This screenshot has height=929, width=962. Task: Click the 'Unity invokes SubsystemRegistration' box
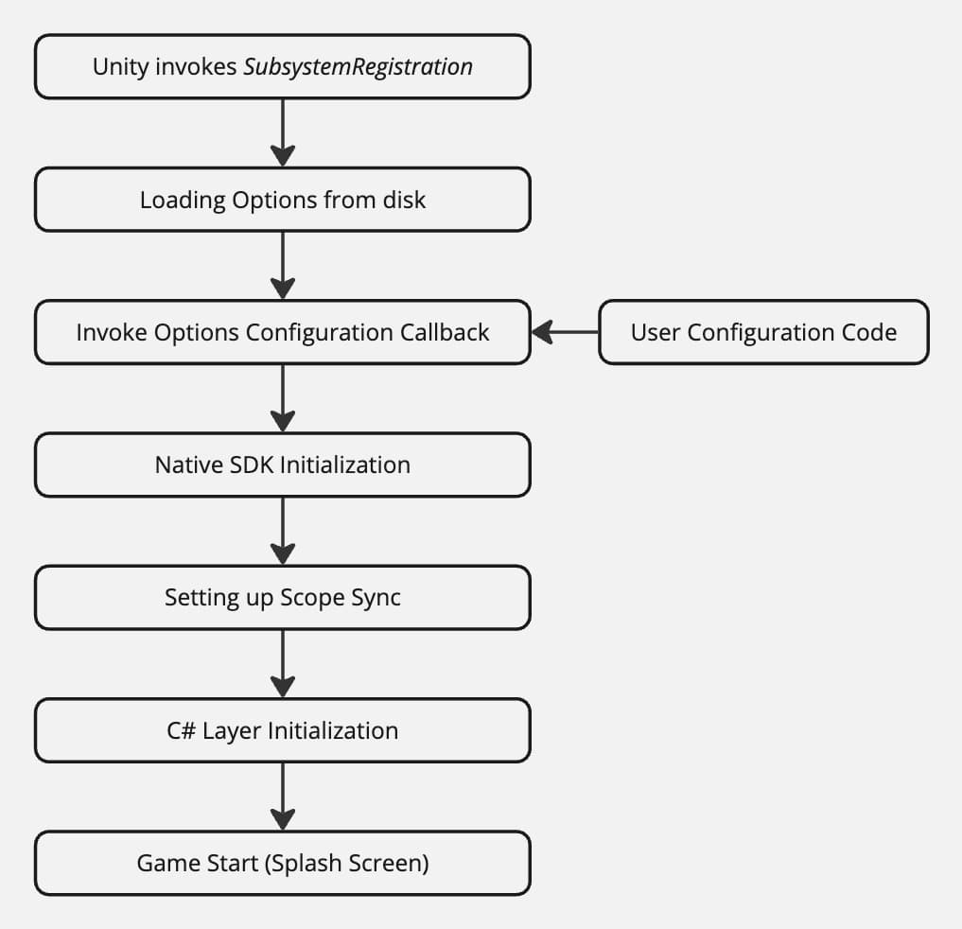pos(282,67)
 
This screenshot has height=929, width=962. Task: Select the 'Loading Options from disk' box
pos(282,200)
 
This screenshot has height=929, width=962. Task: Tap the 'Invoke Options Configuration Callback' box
pos(282,332)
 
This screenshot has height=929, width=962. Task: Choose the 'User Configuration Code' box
pos(763,332)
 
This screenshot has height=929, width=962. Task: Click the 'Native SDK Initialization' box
pos(282,464)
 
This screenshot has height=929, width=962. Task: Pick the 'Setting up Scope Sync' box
pos(282,597)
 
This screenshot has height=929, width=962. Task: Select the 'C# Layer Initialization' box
pos(282,730)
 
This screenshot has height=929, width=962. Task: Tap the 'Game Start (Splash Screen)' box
pos(282,863)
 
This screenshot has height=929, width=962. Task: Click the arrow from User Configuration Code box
pos(565,332)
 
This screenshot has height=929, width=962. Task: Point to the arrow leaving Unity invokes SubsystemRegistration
pos(283,132)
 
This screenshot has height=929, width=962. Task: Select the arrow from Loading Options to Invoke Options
pos(283,265)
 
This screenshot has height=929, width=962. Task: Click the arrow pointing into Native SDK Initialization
pos(283,397)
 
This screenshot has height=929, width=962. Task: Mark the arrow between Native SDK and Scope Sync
pos(283,530)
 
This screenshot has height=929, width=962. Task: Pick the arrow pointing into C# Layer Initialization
pos(283,663)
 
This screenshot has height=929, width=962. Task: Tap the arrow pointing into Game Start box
pos(283,796)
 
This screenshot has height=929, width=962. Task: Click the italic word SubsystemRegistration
pos(358,67)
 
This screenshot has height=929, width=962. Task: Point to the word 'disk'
pos(405,200)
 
